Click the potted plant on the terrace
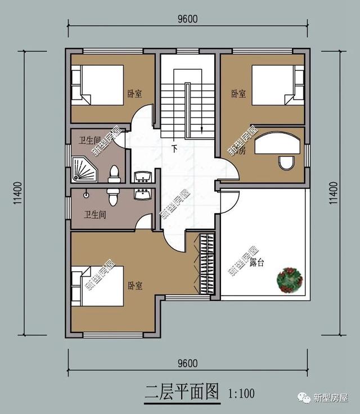tap(290, 279)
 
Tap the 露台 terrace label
tap(256, 263)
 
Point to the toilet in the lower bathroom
tap(113, 196)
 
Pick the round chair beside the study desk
tap(286, 164)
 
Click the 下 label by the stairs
tap(175, 150)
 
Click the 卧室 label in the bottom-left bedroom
tap(135, 286)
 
